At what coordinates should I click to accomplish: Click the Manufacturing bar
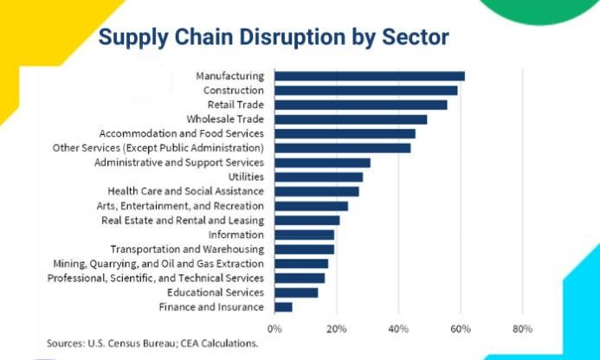(x=370, y=76)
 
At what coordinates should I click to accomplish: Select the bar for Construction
(x=366, y=90)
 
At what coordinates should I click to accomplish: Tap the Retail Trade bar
(x=361, y=105)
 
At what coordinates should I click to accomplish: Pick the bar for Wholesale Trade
(x=351, y=119)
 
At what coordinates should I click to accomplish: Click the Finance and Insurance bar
(x=284, y=307)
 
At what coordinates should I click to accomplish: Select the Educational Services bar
(x=296, y=292)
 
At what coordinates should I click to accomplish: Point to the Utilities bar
(x=319, y=177)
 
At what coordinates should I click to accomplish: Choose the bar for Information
(x=304, y=235)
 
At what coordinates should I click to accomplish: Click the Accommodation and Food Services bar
(x=345, y=133)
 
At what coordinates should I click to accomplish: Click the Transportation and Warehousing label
(x=186, y=249)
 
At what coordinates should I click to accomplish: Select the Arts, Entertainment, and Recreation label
(x=180, y=206)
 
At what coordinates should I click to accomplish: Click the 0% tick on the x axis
(x=274, y=329)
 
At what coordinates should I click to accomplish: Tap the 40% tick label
(x=398, y=329)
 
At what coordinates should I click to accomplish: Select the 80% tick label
(x=522, y=329)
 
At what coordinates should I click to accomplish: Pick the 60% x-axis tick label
(x=461, y=329)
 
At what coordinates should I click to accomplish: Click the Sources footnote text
(x=152, y=343)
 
